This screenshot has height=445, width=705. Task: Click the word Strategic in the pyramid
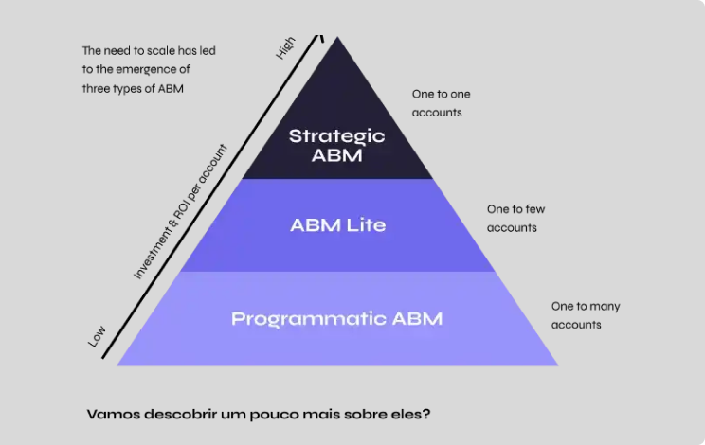[x=336, y=136]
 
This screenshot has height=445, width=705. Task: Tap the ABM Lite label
[x=337, y=225]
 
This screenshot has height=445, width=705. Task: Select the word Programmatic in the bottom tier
[x=305, y=318]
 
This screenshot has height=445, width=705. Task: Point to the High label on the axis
[x=285, y=48]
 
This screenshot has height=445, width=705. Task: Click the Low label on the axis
[x=97, y=336]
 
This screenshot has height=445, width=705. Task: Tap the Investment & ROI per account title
[x=181, y=213]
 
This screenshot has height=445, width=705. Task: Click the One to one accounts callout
[x=441, y=103]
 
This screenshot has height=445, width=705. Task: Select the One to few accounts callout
[x=515, y=218]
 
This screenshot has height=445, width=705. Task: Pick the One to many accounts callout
[x=586, y=315]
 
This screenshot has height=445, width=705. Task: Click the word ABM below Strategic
[x=336, y=156]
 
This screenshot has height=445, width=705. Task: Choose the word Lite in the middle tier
[x=366, y=225]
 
